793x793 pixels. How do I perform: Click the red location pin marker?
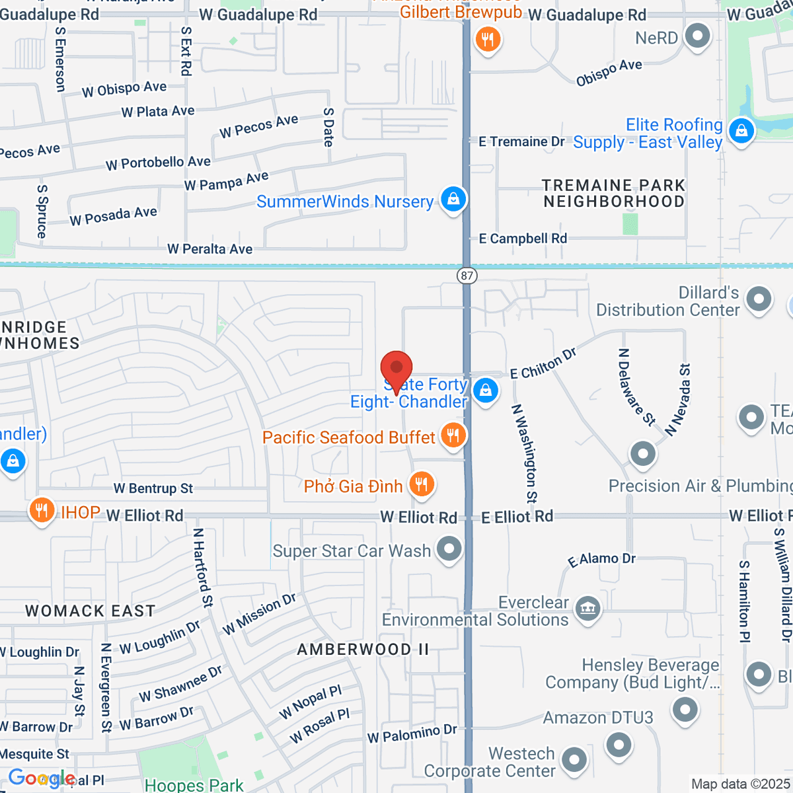pyautogui.click(x=397, y=368)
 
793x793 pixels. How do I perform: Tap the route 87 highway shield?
pyautogui.click(x=467, y=275)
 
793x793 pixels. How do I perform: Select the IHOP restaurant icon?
pyautogui.click(x=41, y=511)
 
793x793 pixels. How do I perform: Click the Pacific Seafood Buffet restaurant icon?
pyautogui.click(x=453, y=436)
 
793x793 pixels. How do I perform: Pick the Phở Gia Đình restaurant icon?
pyautogui.click(x=421, y=485)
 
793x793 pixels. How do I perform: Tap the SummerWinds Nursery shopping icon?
pyautogui.click(x=453, y=200)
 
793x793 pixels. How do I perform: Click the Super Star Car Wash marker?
pyautogui.click(x=449, y=549)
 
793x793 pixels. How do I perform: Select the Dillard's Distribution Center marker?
pyautogui.click(x=759, y=299)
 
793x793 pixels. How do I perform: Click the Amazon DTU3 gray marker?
pyautogui.click(x=685, y=710)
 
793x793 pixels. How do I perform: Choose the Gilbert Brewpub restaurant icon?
pyautogui.click(x=488, y=40)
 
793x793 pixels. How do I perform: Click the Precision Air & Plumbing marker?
pyautogui.click(x=642, y=454)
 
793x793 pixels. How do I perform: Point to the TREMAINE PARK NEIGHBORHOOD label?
pyautogui.click(x=613, y=194)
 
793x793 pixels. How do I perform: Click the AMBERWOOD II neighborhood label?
pyautogui.click(x=363, y=650)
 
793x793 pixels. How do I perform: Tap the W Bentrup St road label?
pyautogui.click(x=153, y=488)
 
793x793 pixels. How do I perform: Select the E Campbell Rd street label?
pyautogui.click(x=523, y=239)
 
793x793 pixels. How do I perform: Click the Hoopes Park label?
pyautogui.click(x=194, y=785)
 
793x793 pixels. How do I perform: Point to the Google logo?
pyautogui.click(x=42, y=778)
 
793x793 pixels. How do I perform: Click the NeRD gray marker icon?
pyautogui.click(x=697, y=36)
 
